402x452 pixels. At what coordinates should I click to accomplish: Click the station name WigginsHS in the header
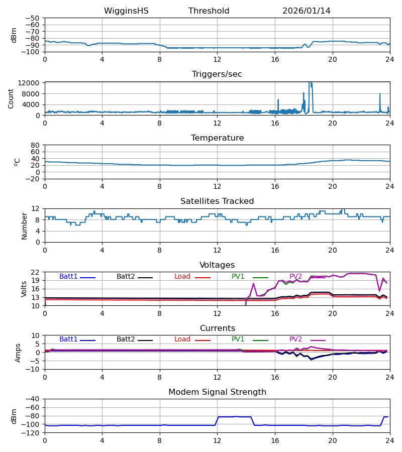pyautogui.click(x=126, y=11)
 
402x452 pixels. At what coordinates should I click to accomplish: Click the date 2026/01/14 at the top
pyautogui.click(x=306, y=11)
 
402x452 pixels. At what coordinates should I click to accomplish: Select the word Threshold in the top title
pyautogui.click(x=209, y=11)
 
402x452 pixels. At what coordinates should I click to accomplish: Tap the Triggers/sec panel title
pyautogui.click(x=217, y=74)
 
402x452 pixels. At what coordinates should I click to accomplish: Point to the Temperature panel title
pyautogui.click(x=217, y=138)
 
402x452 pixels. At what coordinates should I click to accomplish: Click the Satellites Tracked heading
pyautogui.click(x=217, y=201)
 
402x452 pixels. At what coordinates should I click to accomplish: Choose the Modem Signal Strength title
pyautogui.click(x=217, y=392)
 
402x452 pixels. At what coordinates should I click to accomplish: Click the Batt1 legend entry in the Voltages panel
pyautogui.click(x=69, y=277)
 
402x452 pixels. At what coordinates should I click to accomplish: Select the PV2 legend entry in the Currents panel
pyautogui.click(x=296, y=340)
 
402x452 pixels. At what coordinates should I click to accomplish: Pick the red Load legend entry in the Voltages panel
pyautogui.click(x=182, y=277)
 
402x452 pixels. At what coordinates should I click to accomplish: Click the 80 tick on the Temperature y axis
pyautogui.click(x=35, y=145)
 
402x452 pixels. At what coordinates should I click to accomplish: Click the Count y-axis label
pyautogui.click(x=11, y=98)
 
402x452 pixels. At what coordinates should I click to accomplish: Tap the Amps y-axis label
pyautogui.click(x=19, y=353)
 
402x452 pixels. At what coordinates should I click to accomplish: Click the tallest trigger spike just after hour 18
pyautogui.click(x=310, y=83)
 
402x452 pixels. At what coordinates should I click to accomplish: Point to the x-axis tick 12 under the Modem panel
pyautogui.click(x=217, y=440)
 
